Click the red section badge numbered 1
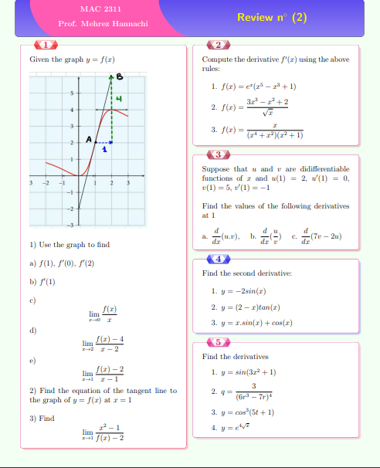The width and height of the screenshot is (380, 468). coord(46,45)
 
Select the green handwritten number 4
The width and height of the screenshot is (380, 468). coord(119,98)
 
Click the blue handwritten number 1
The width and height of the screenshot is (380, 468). coord(105,150)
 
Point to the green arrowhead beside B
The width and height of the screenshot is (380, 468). coord(113,77)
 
